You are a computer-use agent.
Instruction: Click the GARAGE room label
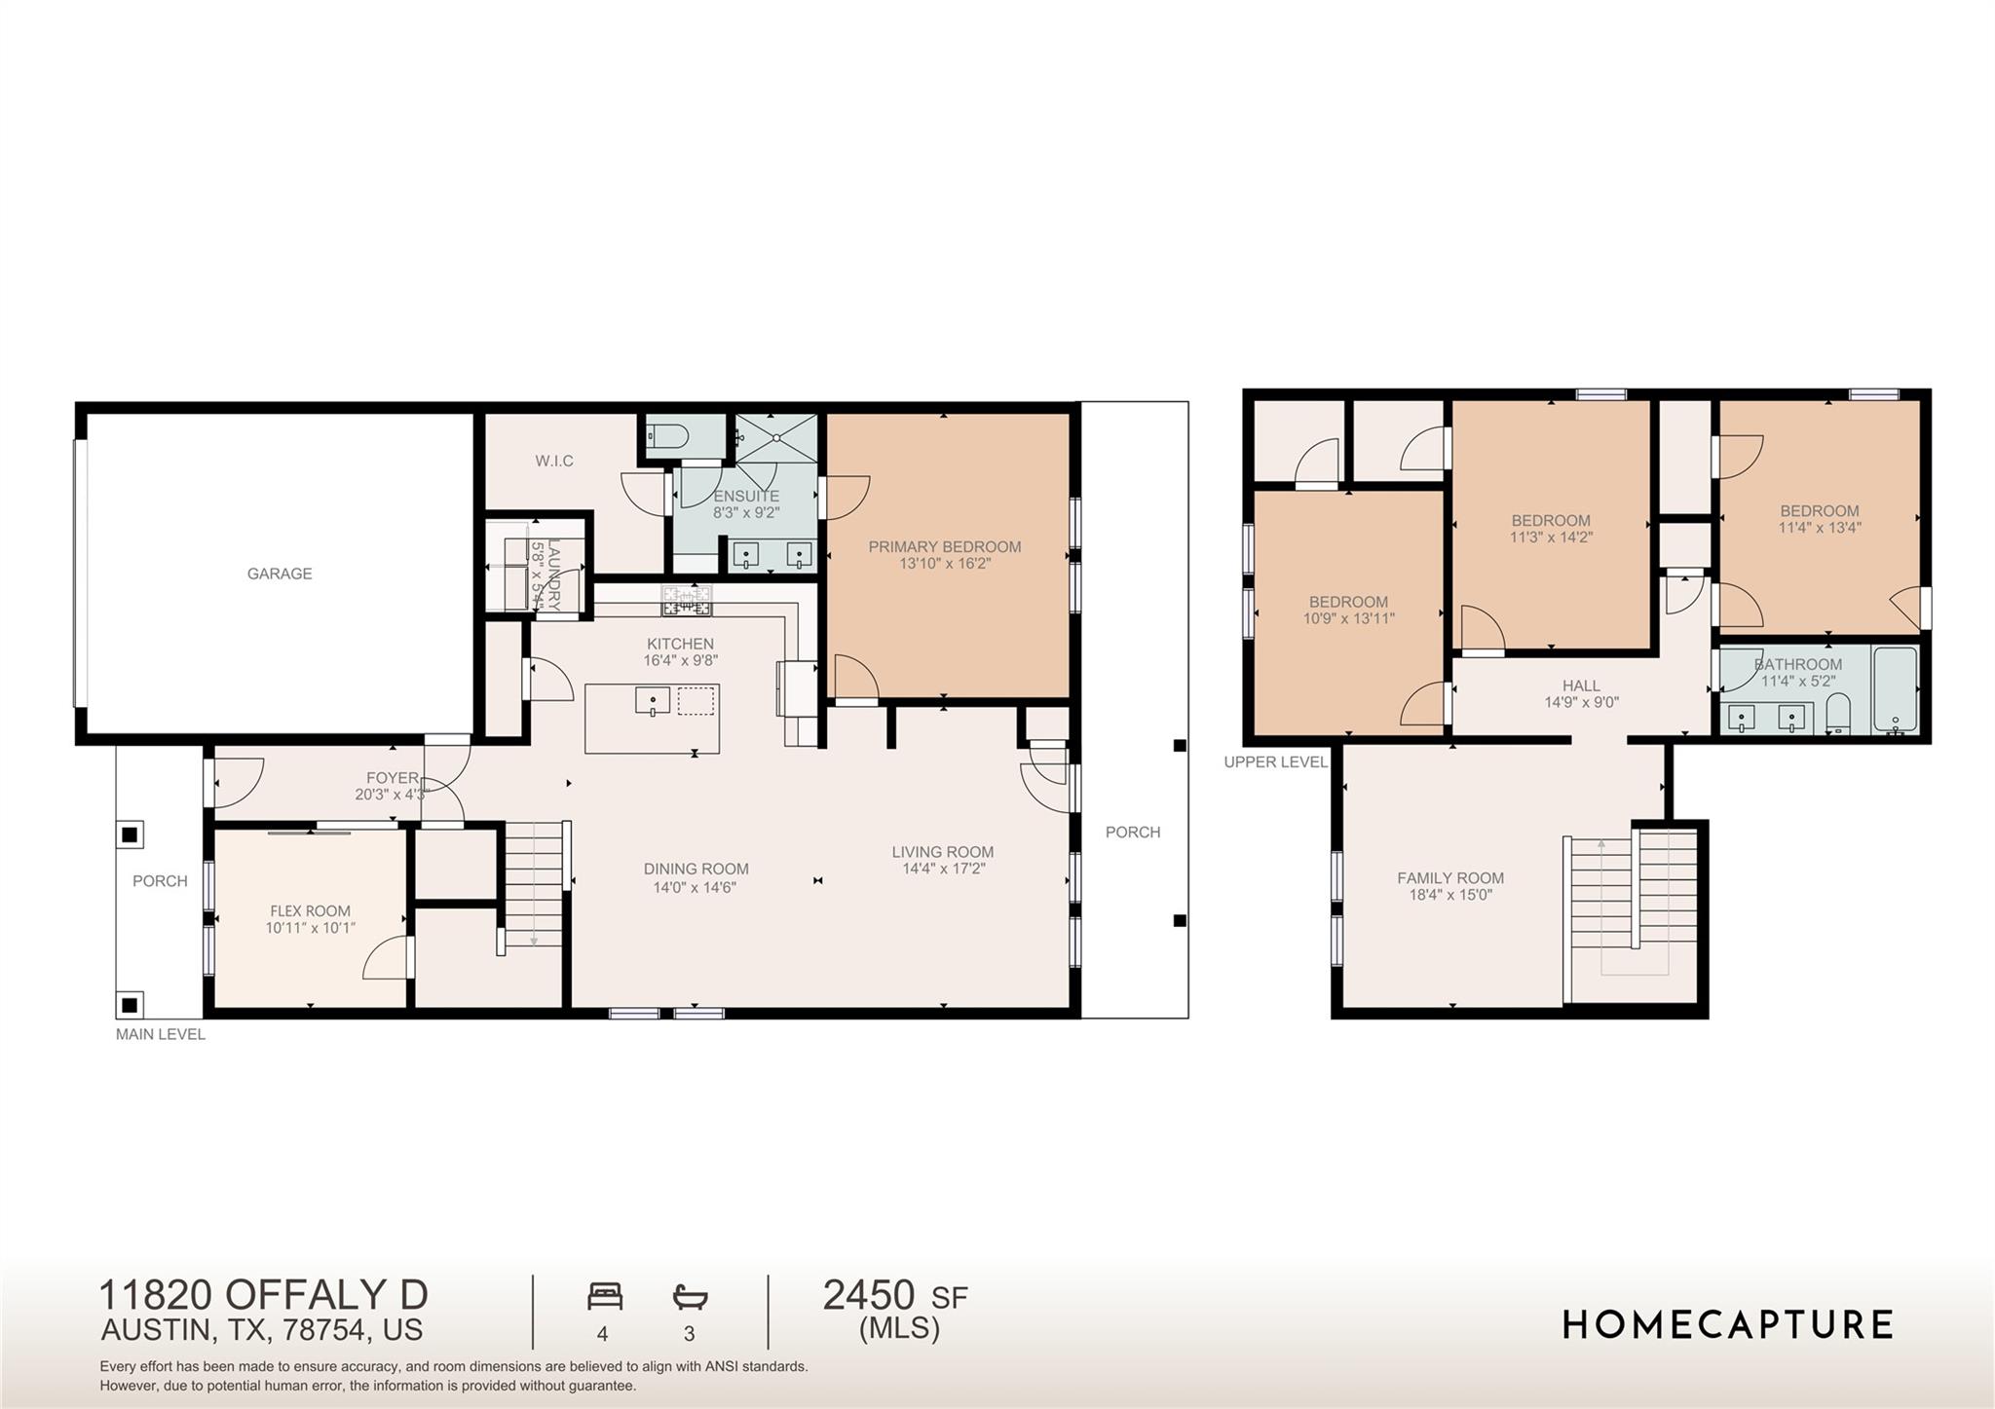click(280, 574)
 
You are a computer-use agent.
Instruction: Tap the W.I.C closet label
click(554, 461)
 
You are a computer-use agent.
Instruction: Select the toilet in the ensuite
click(668, 435)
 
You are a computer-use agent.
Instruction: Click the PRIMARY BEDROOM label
click(945, 546)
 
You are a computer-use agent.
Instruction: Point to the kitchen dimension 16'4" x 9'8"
click(681, 660)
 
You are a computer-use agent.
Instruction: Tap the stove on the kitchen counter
click(688, 600)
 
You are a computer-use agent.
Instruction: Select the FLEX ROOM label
click(311, 911)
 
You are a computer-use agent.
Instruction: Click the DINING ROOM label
click(696, 869)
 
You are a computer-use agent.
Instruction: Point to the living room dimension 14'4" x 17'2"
click(944, 869)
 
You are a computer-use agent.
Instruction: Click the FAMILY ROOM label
click(1450, 878)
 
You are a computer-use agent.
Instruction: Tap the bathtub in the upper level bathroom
click(1895, 690)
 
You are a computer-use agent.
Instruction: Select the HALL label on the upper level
click(1581, 686)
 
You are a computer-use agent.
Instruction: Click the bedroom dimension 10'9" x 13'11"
click(1349, 618)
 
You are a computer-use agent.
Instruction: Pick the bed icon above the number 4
click(605, 1296)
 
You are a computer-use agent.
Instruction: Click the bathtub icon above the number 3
click(690, 1296)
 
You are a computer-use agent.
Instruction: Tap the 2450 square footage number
click(869, 1296)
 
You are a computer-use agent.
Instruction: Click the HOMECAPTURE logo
click(1728, 1324)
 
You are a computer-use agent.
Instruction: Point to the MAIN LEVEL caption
click(161, 1034)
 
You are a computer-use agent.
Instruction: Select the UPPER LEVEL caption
click(1276, 762)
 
